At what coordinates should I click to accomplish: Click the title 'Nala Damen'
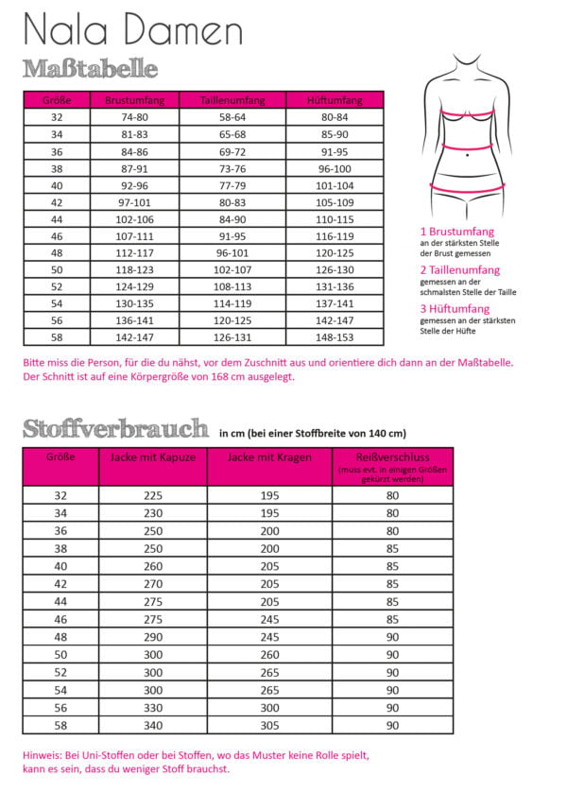pos(133,30)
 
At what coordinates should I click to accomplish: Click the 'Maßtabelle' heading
pos(90,69)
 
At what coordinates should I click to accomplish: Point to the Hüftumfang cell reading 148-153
pos(335,336)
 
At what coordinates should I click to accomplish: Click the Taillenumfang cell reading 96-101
pos(232,253)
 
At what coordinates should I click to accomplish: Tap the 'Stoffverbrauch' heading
pos(116,428)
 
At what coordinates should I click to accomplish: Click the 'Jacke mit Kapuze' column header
pos(153,456)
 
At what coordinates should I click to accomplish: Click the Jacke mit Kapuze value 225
pos(153,495)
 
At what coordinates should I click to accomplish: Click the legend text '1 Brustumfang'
pos(457,232)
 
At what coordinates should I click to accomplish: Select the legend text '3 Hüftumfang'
pos(455,309)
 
